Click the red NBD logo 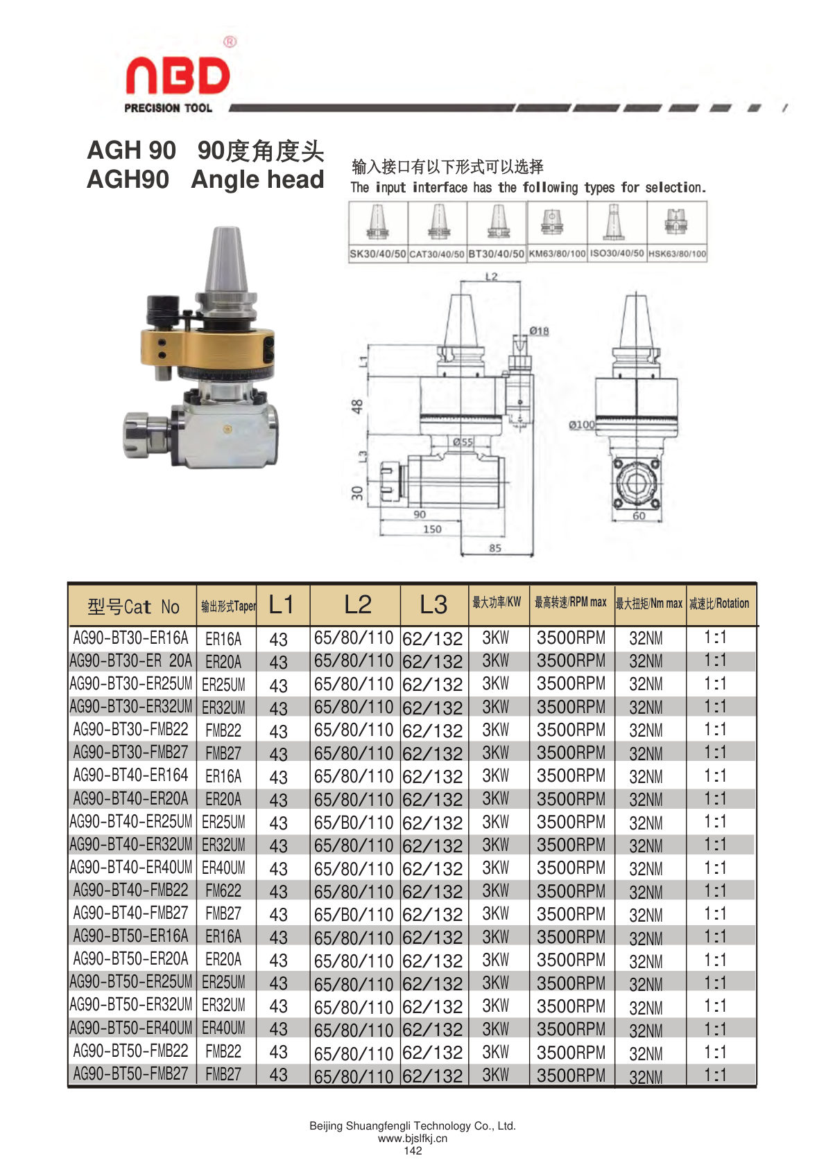tap(178, 76)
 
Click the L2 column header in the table tap(358, 604)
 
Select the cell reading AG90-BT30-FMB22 tap(131, 729)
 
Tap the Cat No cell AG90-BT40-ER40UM tap(131, 867)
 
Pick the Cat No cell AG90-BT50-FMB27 tap(131, 1073)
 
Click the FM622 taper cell tap(223, 890)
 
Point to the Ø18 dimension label tap(539, 331)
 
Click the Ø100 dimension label tap(582, 425)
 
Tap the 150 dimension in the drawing tap(432, 529)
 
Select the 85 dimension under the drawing tap(495, 547)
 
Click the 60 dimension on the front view tap(639, 516)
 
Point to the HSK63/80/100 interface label tap(677, 254)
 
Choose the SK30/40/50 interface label tap(377, 254)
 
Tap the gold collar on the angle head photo tap(207, 347)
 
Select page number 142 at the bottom tap(413, 1150)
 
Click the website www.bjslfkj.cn tap(413, 1139)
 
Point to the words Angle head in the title tap(257, 180)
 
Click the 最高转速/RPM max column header tap(571, 603)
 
